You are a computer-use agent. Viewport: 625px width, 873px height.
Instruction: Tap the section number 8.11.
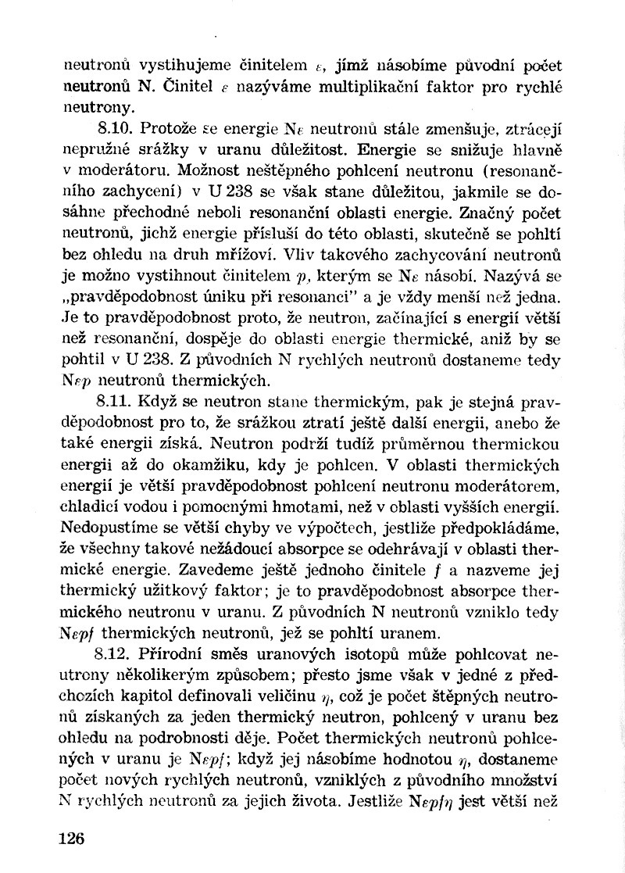click(x=109, y=404)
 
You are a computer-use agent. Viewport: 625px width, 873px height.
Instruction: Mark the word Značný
click(x=487, y=212)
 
